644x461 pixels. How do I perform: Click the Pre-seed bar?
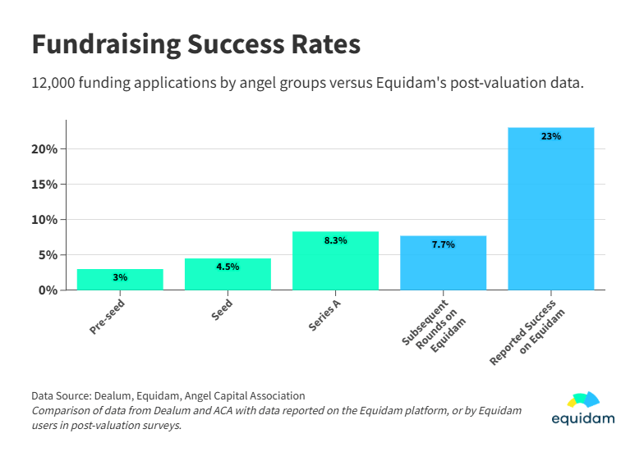120,280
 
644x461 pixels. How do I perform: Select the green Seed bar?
228,274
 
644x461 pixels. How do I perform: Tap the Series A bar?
335,261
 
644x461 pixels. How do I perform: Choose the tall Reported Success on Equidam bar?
550,209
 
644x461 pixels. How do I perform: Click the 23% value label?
550,136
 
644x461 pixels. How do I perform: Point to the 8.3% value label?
335,240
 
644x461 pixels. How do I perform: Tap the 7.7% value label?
443,244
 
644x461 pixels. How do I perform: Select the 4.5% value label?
228,267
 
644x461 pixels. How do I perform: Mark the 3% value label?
120,277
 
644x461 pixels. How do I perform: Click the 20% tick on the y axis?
45,149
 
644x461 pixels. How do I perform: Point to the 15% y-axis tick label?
45,185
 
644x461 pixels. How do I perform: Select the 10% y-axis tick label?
45,220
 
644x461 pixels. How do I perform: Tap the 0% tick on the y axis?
48,290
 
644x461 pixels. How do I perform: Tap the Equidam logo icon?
583,400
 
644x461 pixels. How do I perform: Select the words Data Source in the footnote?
61,395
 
